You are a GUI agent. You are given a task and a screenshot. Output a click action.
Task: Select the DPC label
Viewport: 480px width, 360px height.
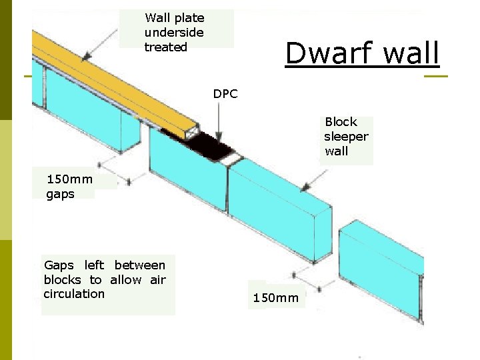tap(225, 94)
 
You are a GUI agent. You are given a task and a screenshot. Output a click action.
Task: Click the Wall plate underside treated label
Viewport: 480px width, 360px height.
tap(175, 32)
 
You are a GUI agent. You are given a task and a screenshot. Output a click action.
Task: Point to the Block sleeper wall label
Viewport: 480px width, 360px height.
tap(346, 136)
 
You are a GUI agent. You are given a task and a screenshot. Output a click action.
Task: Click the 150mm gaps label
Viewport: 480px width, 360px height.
tap(69, 186)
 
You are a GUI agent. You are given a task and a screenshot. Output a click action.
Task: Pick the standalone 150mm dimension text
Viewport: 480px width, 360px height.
tap(275, 297)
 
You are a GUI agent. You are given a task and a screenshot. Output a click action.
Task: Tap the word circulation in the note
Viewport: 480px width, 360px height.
tap(74, 294)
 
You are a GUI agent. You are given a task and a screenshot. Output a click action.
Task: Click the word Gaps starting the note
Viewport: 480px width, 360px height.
tap(59, 265)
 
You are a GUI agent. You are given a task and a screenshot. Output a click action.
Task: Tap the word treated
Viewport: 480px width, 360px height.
tap(165, 47)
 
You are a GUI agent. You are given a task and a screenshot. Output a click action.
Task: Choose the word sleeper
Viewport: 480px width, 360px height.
tap(346, 137)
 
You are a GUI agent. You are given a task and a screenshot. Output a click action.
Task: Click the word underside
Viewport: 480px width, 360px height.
tap(174, 33)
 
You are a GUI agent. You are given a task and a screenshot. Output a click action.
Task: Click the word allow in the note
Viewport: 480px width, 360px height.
tap(126, 279)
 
